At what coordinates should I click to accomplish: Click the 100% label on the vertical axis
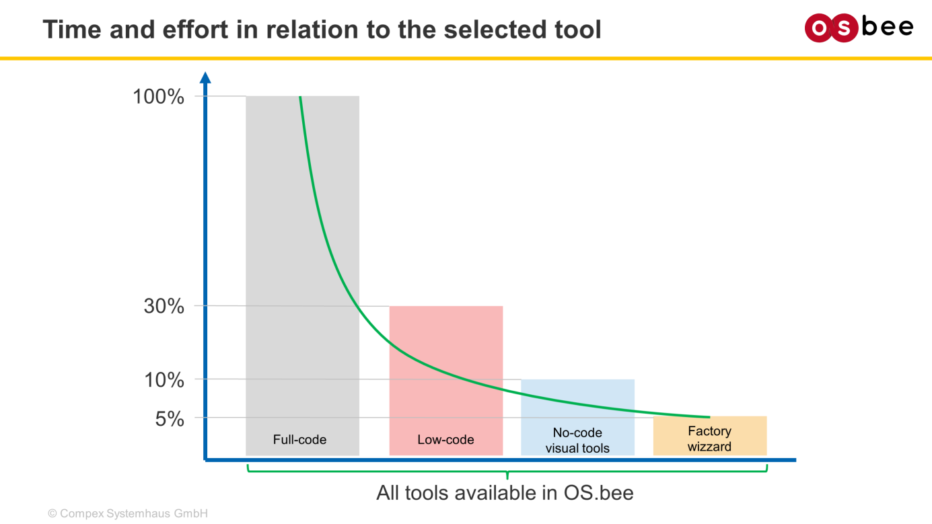coord(158,96)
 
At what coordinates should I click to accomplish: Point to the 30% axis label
coord(164,306)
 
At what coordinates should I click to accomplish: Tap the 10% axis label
coord(164,380)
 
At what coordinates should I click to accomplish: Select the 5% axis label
coord(170,419)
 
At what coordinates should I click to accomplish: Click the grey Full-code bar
coord(303,276)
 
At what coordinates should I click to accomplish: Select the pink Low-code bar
coord(446,381)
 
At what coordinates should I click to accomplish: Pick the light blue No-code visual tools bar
coord(578,417)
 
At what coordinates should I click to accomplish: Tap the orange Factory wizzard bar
coord(710,436)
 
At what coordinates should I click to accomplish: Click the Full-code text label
coord(299,439)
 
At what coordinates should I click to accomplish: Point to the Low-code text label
coord(445,439)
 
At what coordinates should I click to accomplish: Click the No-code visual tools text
coord(577,441)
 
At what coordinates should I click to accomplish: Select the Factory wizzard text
coord(709,439)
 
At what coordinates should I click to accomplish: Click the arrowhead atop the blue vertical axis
coord(205,77)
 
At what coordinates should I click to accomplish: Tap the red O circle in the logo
coord(819,28)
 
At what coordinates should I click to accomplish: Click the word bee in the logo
coord(888,27)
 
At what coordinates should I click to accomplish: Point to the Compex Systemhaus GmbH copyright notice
coord(128,514)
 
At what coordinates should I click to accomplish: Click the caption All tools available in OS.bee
coord(505,493)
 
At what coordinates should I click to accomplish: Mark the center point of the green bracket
coord(507,472)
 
